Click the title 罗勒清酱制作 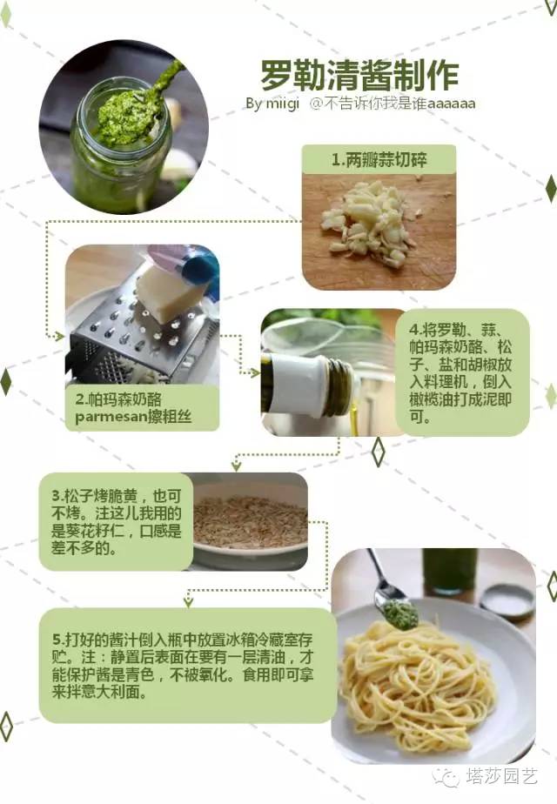pos(359,75)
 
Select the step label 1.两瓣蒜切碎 pos(379,160)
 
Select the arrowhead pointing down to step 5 pos(186,600)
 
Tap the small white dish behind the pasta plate pos(507,601)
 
